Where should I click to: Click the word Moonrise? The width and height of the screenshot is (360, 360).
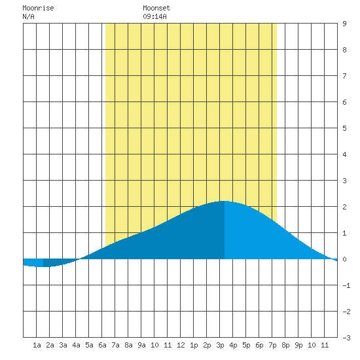click(x=38, y=9)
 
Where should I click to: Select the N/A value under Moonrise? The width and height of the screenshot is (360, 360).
click(x=28, y=16)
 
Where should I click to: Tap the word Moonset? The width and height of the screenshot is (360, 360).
click(x=156, y=9)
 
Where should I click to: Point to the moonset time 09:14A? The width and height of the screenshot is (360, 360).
click(x=154, y=16)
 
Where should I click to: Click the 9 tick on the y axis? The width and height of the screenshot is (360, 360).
click(x=344, y=24)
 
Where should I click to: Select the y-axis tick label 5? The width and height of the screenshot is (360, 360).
click(x=344, y=128)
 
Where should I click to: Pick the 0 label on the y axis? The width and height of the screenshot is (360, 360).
click(x=344, y=259)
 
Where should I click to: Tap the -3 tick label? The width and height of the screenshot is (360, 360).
click(x=346, y=338)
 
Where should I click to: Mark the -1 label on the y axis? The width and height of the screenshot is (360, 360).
click(x=346, y=285)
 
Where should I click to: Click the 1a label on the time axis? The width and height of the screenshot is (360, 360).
click(x=37, y=345)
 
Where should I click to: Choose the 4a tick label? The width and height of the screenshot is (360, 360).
click(x=76, y=345)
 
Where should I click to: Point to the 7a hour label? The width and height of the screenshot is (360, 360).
click(x=115, y=345)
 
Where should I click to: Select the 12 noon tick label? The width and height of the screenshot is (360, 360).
click(x=181, y=345)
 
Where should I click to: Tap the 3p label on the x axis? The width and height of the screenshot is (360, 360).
click(x=220, y=345)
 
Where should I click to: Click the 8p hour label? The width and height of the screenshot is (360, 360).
click(x=285, y=345)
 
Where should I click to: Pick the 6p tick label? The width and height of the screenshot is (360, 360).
click(x=259, y=345)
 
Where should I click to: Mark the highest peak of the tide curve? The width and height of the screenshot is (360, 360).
click(x=224, y=201)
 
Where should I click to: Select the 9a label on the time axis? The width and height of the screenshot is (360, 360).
click(x=141, y=345)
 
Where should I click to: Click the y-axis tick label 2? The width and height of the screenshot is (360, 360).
click(x=344, y=207)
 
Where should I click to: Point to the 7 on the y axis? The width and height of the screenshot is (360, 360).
click(x=344, y=76)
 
